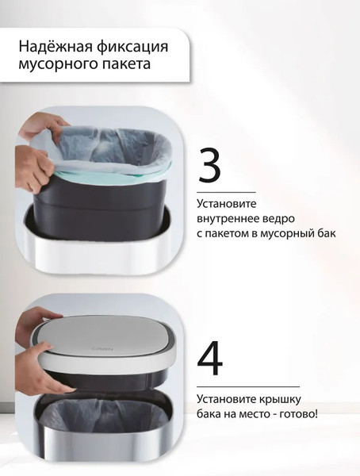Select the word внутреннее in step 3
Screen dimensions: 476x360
coord(231,220)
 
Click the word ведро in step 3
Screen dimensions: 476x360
coord(286,220)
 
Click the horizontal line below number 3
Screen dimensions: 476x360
coord(227,192)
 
